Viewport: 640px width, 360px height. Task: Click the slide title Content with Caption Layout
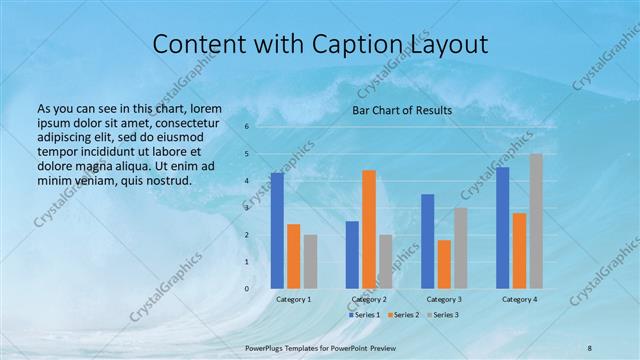point(320,44)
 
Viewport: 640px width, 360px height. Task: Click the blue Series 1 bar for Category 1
point(277,231)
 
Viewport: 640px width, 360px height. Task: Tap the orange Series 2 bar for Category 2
point(369,229)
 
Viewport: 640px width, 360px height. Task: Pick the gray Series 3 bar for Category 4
point(536,221)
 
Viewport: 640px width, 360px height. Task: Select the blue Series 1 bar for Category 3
point(427,241)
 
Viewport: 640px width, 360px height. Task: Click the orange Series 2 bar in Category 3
point(444,264)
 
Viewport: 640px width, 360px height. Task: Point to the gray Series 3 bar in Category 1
point(310,261)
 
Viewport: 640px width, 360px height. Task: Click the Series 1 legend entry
point(364,315)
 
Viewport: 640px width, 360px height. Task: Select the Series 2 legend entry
point(402,315)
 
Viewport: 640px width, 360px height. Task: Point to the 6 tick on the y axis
point(246,127)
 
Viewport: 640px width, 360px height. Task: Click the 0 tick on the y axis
point(246,289)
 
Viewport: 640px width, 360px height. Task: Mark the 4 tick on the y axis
point(246,181)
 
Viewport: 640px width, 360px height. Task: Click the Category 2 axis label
point(369,299)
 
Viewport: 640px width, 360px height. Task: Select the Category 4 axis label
point(519,299)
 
